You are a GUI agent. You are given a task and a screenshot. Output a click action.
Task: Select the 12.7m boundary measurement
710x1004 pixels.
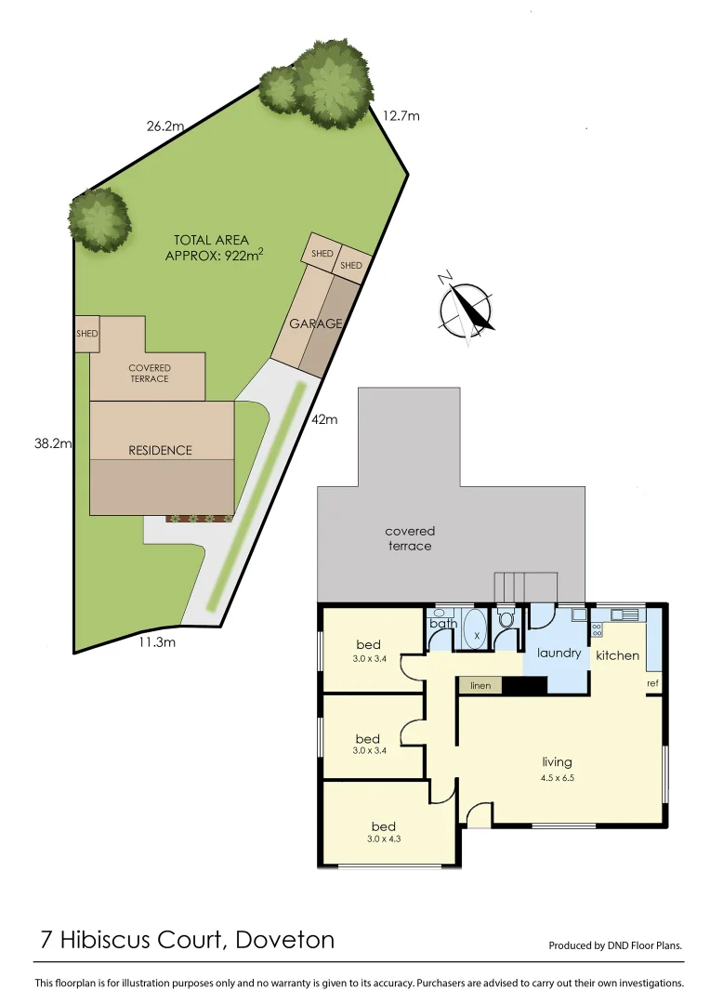pyautogui.click(x=401, y=116)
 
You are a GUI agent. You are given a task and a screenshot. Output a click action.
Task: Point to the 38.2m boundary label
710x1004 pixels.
pyautogui.click(x=53, y=443)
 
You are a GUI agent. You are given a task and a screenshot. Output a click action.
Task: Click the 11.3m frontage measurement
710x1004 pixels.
pyautogui.click(x=157, y=641)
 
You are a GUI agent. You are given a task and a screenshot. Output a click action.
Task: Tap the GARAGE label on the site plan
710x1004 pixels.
pyautogui.click(x=316, y=324)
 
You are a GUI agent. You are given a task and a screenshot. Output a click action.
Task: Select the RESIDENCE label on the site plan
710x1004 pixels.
pyautogui.click(x=160, y=450)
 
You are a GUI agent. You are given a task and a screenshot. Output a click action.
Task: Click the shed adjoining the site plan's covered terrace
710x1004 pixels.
pyautogui.click(x=86, y=333)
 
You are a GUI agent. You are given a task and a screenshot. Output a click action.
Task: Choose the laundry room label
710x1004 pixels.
pyautogui.click(x=559, y=653)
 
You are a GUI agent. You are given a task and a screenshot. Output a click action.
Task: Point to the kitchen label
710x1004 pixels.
pyautogui.click(x=617, y=655)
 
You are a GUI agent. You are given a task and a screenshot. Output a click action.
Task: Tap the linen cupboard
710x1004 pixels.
pyautogui.click(x=480, y=685)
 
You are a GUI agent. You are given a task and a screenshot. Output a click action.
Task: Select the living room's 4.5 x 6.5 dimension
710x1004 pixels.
pyautogui.click(x=558, y=780)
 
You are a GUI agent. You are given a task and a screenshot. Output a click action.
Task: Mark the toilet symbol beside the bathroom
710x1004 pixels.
pyautogui.click(x=506, y=620)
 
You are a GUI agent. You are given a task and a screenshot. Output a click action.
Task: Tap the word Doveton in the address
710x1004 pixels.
pyautogui.click(x=285, y=939)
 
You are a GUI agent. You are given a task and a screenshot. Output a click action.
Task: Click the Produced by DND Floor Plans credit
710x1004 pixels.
pyautogui.click(x=615, y=945)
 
